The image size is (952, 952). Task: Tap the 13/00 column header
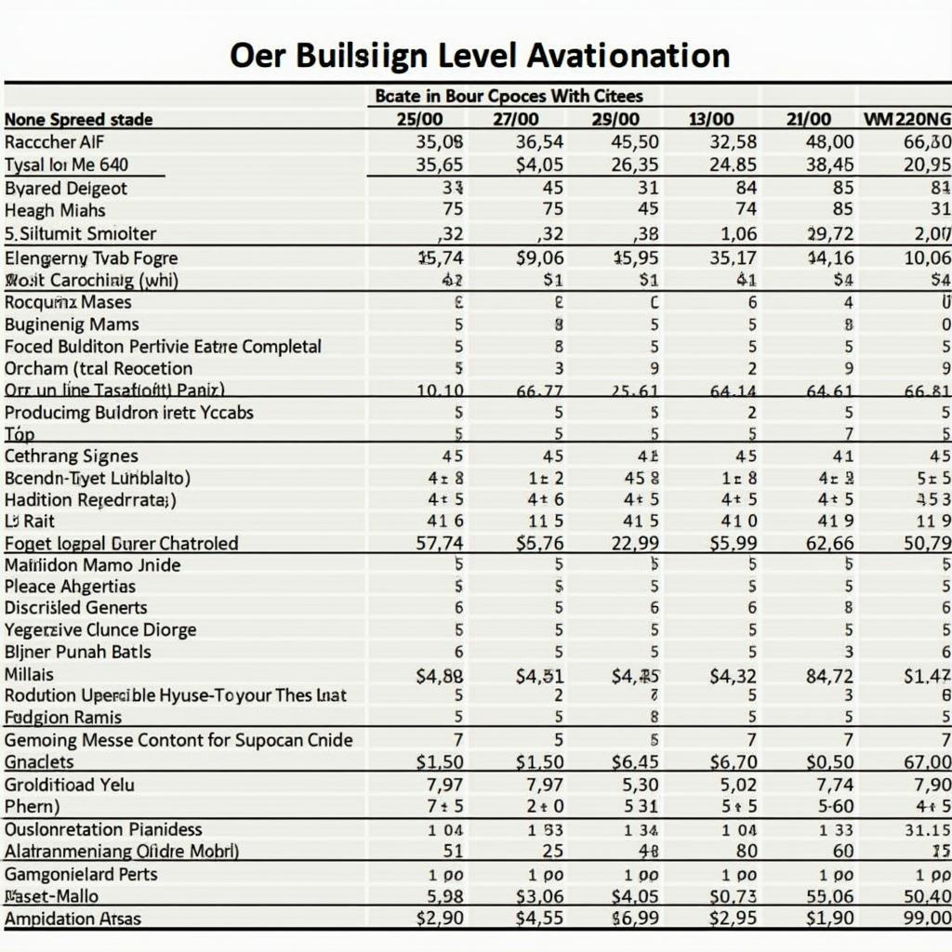tap(710, 119)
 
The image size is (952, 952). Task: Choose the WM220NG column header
tap(907, 119)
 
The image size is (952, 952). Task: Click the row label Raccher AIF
tap(53, 142)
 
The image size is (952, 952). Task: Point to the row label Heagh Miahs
tap(55, 210)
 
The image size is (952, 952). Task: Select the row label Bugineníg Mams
tap(72, 324)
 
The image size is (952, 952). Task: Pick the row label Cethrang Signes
tap(71, 456)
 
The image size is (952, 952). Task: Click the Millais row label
tap(29, 674)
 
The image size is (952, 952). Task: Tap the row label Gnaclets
tap(39, 762)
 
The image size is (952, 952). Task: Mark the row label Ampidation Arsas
tap(73, 919)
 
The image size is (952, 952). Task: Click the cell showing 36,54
tap(538, 142)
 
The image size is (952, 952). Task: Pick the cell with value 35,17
tap(733, 258)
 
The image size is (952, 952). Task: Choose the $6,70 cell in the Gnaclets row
tap(733, 762)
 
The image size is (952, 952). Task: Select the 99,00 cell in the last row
tap(927, 919)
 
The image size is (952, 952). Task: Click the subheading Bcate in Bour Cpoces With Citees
tap(509, 96)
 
